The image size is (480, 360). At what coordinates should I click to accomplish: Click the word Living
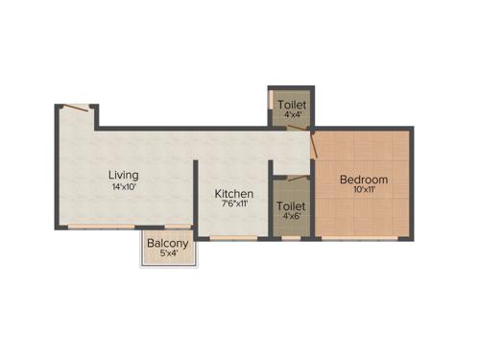tap(123, 175)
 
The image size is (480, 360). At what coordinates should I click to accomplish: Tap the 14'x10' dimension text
tap(123, 187)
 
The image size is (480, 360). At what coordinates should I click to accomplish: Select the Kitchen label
tap(234, 194)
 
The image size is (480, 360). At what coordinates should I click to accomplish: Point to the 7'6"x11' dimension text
tap(234, 204)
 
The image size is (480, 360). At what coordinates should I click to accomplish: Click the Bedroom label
tap(364, 180)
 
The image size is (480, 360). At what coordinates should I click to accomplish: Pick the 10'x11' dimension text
tap(364, 190)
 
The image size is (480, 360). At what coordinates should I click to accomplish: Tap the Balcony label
tap(168, 243)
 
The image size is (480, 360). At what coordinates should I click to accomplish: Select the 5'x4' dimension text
tap(168, 253)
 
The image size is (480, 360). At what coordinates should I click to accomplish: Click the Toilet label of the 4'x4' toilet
tap(292, 104)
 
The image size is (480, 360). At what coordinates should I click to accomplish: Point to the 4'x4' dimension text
tap(292, 114)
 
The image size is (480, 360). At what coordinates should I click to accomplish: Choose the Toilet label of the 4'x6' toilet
tap(291, 205)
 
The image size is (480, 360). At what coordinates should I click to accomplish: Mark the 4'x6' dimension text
tap(291, 216)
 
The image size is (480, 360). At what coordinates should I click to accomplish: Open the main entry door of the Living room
tap(77, 108)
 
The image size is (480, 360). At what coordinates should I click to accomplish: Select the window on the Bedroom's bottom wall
tap(362, 237)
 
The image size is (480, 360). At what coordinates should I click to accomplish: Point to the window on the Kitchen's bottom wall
tap(233, 236)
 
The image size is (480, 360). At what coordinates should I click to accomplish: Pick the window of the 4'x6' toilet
tap(291, 237)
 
